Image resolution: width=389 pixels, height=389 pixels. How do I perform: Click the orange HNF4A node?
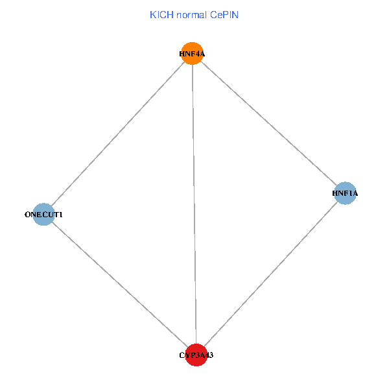pos(193,53)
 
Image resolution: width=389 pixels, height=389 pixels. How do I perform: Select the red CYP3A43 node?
pos(196,355)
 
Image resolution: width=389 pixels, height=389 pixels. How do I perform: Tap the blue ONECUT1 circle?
pos(43,215)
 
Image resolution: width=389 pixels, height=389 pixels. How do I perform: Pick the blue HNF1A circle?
pos(345,193)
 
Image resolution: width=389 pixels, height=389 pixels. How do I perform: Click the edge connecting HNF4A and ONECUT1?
pos(118,134)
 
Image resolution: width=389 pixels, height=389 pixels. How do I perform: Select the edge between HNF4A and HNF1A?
pos(268,123)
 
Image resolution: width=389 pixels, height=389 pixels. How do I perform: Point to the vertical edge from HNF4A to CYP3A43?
pos(194,204)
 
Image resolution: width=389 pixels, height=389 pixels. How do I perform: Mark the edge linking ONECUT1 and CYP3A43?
pos(120,285)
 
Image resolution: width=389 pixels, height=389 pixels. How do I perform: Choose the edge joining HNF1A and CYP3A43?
pos(270,274)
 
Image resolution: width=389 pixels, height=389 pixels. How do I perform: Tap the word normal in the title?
pos(191,15)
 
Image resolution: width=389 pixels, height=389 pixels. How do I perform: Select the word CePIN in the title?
pos(224,15)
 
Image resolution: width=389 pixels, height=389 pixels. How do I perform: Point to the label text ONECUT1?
pos(43,215)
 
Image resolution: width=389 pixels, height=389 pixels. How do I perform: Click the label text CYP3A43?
pos(196,355)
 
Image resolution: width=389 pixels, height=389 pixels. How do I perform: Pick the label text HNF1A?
pos(345,193)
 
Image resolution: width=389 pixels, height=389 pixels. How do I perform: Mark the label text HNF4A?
pos(192,54)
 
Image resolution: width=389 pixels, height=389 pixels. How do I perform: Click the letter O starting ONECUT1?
pos(27,215)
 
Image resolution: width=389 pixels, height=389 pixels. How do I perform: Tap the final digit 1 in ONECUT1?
pos(60,215)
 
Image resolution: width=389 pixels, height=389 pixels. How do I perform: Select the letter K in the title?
pos(152,15)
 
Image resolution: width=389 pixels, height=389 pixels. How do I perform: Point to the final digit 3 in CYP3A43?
pos(211,355)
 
